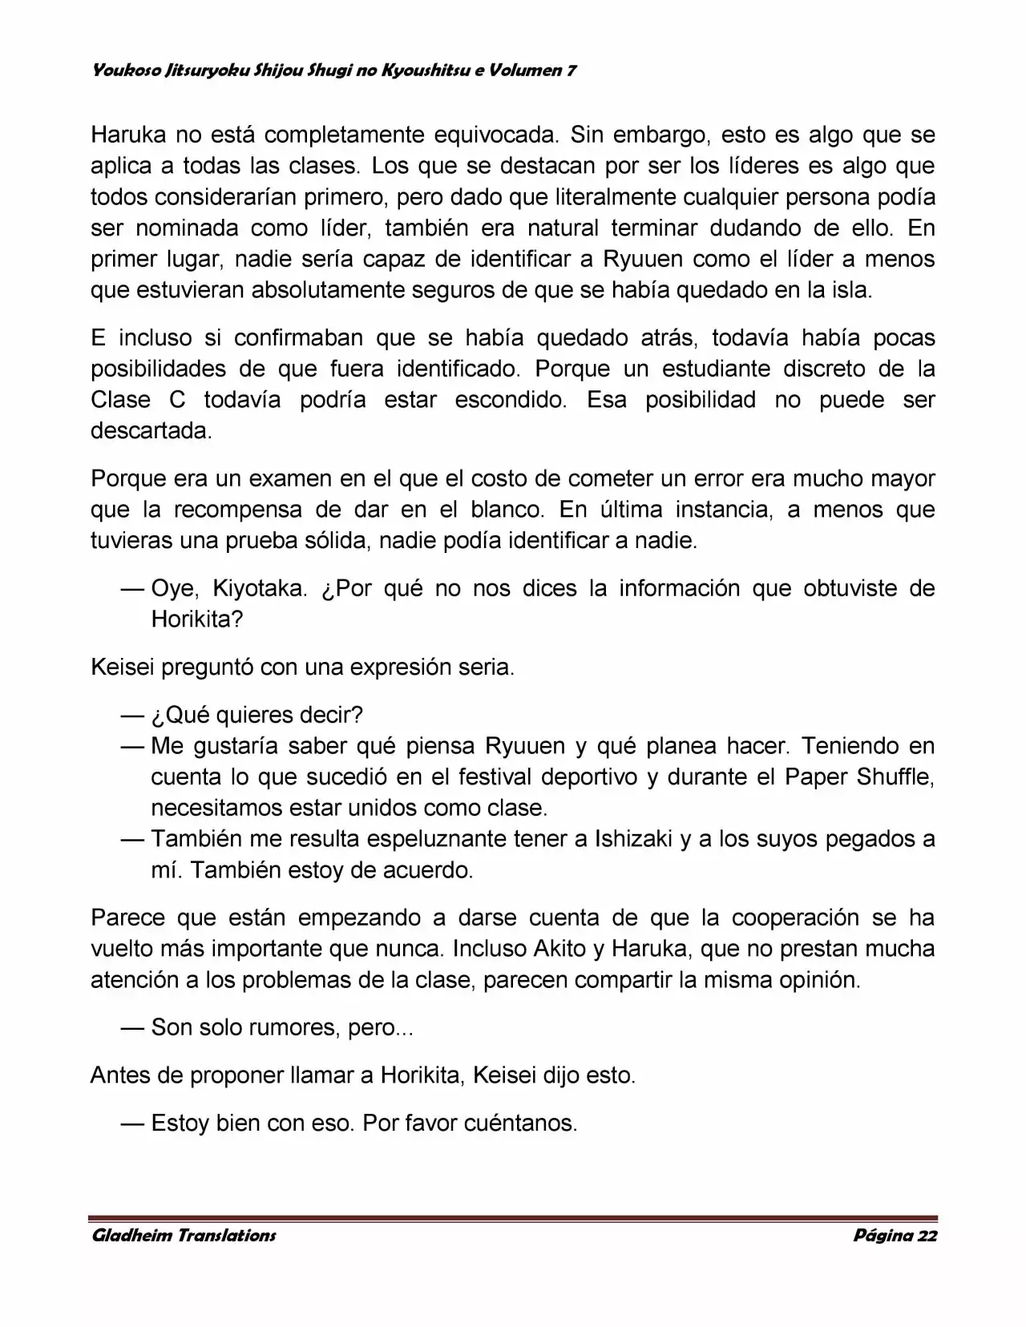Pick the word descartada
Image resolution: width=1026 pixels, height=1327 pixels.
coord(151,431)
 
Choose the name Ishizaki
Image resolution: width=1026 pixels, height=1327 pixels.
coord(633,839)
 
